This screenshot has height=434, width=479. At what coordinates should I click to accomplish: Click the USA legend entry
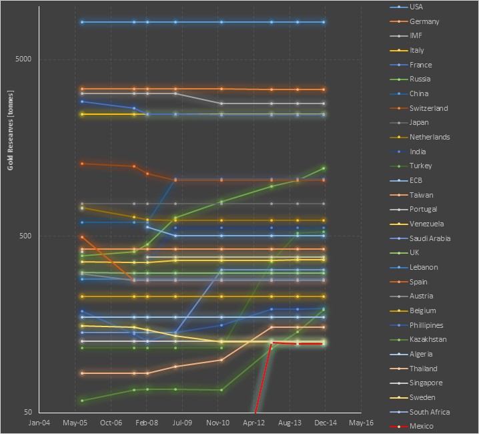(x=416, y=7)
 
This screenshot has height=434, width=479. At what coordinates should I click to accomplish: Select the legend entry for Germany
(x=424, y=21)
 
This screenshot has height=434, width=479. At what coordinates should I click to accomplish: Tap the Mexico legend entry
(x=421, y=426)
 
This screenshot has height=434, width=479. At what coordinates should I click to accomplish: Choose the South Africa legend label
(x=429, y=412)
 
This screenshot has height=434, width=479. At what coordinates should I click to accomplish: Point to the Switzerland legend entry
(x=428, y=108)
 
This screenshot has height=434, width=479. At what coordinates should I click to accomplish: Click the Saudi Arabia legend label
(x=430, y=238)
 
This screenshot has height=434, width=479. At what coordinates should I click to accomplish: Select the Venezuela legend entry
(x=427, y=224)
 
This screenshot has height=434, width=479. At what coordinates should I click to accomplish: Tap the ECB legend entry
(x=416, y=180)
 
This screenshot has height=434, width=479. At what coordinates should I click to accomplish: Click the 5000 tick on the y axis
(x=23, y=59)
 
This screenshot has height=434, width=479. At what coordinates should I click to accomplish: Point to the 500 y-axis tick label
(x=25, y=236)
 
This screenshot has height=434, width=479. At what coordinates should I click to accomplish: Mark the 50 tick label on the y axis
(x=27, y=413)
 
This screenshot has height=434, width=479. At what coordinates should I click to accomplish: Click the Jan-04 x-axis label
(x=39, y=423)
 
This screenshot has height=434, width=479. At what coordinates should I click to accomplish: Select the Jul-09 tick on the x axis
(x=182, y=423)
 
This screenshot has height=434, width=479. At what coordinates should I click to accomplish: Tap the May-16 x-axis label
(x=361, y=423)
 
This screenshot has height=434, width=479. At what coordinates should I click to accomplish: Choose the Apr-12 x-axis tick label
(x=254, y=423)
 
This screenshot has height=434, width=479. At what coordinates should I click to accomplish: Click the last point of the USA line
(x=324, y=22)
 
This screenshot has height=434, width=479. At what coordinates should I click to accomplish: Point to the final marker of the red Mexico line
(x=324, y=343)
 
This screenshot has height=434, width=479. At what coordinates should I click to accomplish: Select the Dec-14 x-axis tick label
(x=325, y=423)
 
